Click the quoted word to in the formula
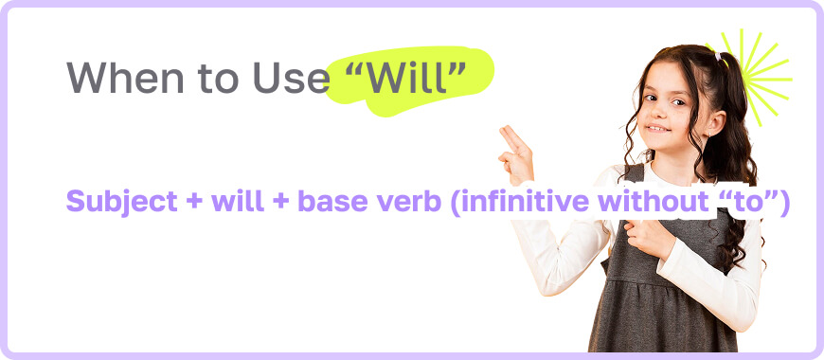click(x=756, y=201)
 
